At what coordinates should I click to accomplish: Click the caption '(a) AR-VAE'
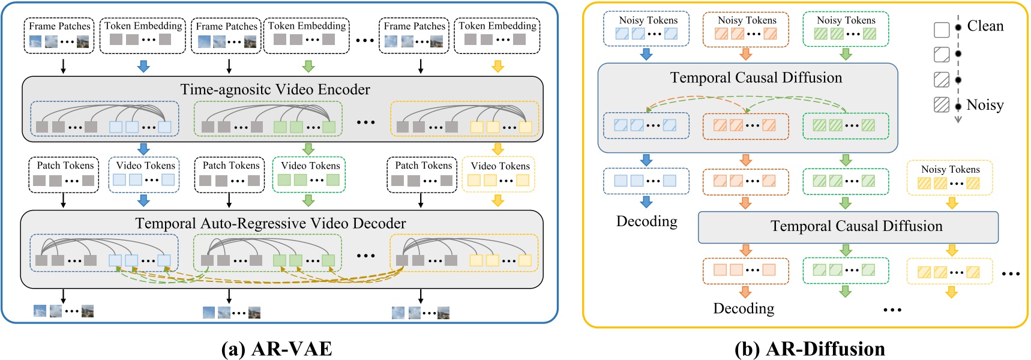(277, 349)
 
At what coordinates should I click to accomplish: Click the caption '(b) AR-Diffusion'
(810, 349)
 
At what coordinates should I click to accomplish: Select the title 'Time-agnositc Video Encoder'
(275, 89)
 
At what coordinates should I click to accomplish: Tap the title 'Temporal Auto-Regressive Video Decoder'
(270, 223)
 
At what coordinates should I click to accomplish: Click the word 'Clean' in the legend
(985, 26)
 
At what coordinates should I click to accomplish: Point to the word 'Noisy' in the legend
(985, 105)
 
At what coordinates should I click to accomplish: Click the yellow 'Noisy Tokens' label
(950, 169)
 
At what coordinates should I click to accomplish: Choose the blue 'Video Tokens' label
(145, 165)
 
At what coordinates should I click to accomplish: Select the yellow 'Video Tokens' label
(500, 166)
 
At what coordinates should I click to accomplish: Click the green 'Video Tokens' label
(310, 165)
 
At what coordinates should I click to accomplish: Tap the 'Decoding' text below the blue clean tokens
(646, 221)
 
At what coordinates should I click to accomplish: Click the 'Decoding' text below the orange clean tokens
(744, 308)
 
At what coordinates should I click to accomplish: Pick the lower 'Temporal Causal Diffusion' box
(848, 227)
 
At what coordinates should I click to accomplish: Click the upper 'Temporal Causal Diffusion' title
(756, 77)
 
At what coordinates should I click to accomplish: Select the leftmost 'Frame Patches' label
(59, 26)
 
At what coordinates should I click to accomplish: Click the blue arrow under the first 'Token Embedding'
(143, 66)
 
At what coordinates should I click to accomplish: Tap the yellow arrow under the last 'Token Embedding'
(497, 66)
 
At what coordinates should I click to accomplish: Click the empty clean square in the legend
(942, 29)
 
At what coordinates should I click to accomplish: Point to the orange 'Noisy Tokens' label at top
(747, 20)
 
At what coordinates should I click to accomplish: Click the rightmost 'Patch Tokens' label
(423, 165)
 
